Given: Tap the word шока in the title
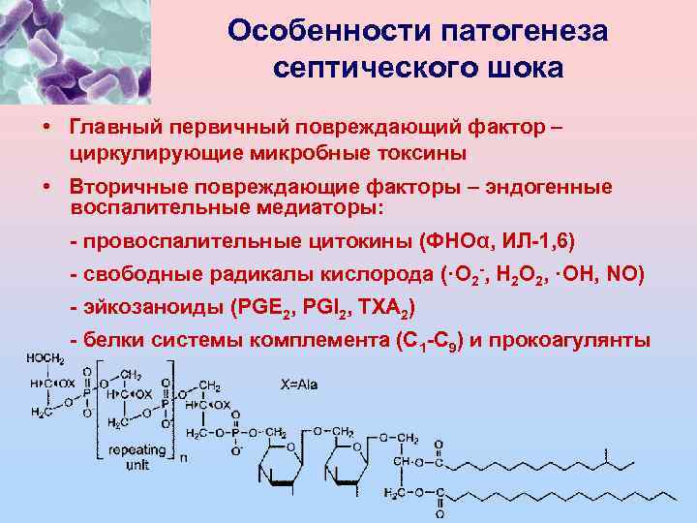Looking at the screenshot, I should click(520, 70).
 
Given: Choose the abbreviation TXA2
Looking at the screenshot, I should click(386, 309).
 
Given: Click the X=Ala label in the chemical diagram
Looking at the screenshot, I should click(299, 385).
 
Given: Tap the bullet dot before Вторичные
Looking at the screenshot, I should click(46, 187).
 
